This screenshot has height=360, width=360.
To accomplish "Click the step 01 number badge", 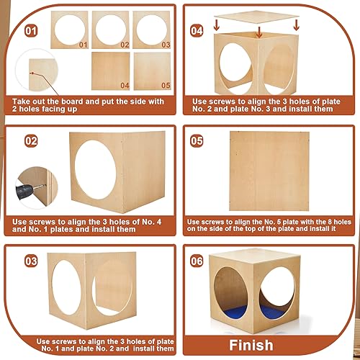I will click(x=30, y=32).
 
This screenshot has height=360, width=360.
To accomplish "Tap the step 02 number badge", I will click(x=30, y=141).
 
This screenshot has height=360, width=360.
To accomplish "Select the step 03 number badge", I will click(x=30, y=261).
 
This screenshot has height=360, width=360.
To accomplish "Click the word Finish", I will click(x=252, y=345).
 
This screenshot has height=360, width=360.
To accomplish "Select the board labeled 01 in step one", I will click(x=70, y=30).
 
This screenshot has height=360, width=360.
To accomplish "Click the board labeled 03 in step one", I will click(x=152, y=30).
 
